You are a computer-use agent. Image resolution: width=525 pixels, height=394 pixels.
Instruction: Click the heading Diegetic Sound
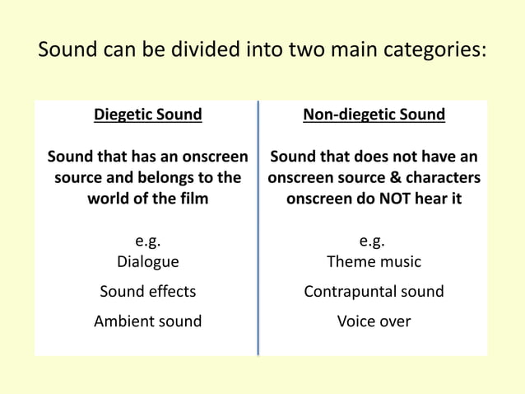(x=147, y=115)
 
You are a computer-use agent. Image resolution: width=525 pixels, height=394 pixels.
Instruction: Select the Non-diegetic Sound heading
(x=374, y=115)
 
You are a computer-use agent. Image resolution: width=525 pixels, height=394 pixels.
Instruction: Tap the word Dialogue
(x=147, y=262)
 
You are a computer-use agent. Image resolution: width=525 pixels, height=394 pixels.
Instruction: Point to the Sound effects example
(x=147, y=291)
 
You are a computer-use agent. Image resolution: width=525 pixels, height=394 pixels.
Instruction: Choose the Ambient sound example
(x=147, y=321)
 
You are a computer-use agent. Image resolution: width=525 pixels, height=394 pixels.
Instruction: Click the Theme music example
(x=374, y=262)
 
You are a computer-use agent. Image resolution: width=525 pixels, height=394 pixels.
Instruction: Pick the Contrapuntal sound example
(x=374, y=291)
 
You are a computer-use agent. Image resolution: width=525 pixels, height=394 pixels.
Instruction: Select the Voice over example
(x=374, y=321)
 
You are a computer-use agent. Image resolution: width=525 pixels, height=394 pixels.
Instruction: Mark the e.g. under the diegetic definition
(x=147, y=242)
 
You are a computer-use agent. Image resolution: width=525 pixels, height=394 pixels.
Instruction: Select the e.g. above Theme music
(x=374, y=242)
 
